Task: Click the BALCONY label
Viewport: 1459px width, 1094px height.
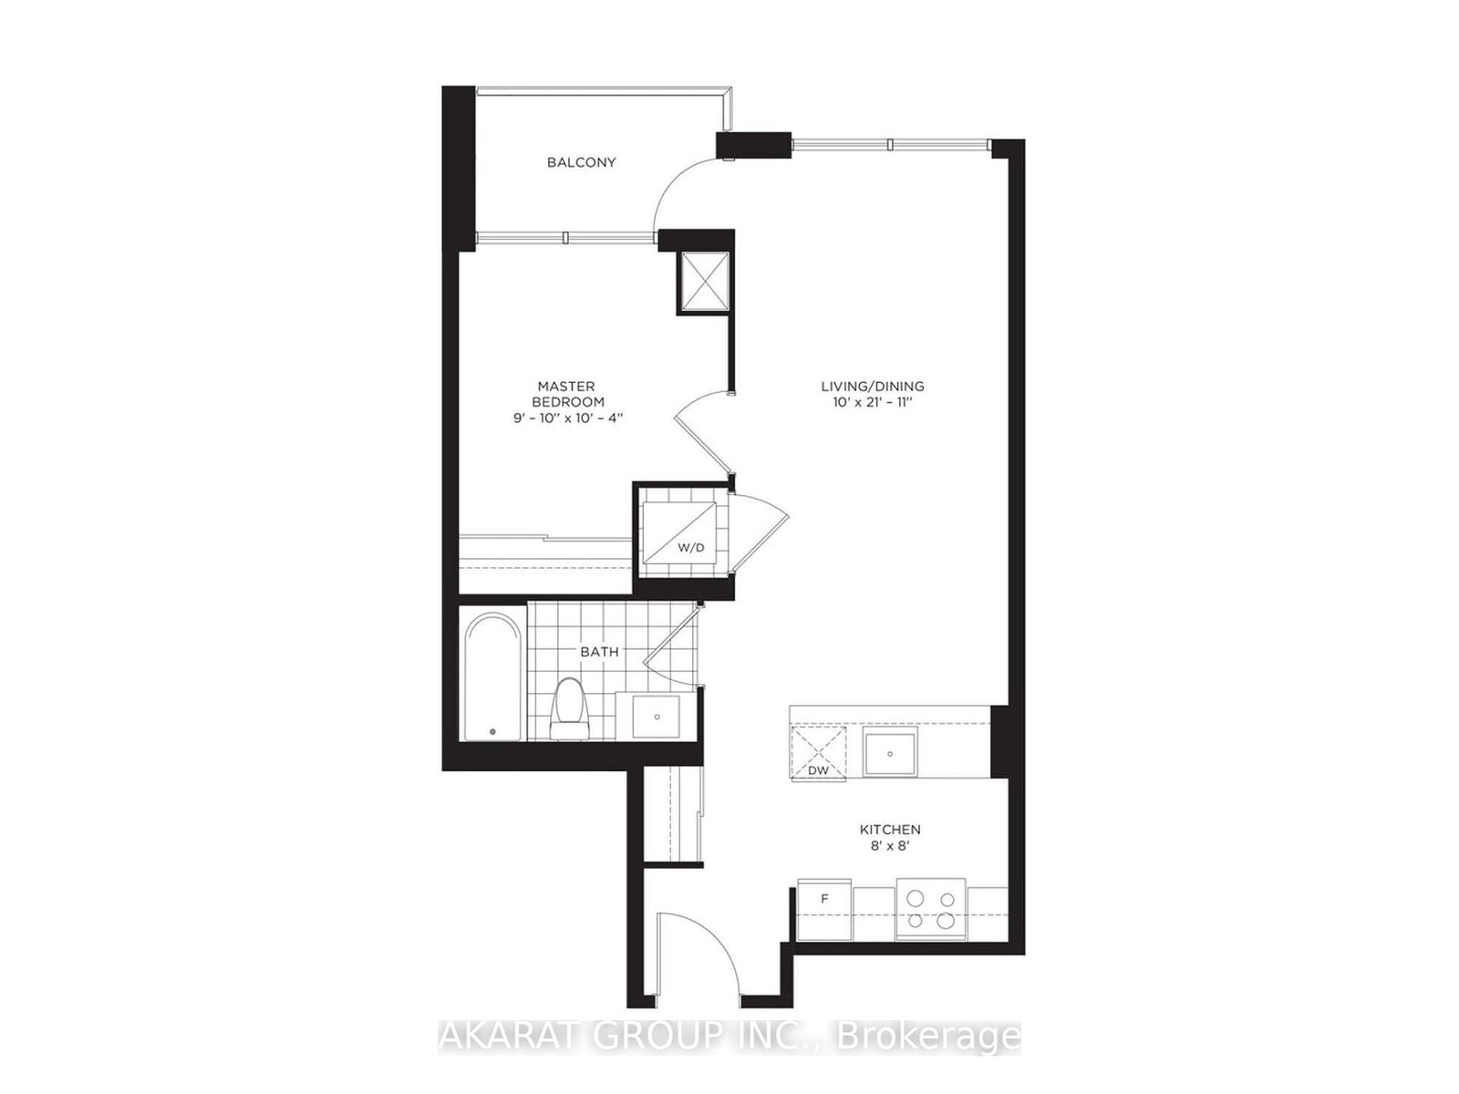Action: [x=581, y=162]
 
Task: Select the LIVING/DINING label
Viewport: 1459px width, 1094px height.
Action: [x=872, y=386]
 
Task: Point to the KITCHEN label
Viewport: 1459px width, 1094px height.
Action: [x=890, y=830]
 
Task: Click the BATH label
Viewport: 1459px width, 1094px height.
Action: [x=599, y=652]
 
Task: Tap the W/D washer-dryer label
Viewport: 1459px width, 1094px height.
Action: [x=690, y=549]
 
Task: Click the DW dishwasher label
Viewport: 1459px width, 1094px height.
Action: [x=818, y=770]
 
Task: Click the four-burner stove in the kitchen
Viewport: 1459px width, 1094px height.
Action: [x=930, y=908]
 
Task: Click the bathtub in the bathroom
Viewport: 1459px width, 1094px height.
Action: [x=492, y=676]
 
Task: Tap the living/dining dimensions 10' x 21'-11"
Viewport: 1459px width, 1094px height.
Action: [x=872, y=402]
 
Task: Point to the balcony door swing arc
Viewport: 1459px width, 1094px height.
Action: [x=679, y=187]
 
